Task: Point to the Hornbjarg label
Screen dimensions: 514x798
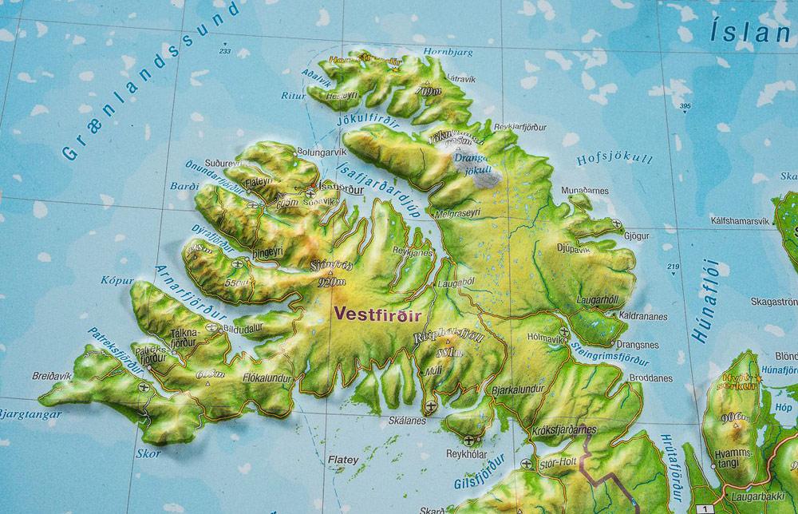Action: [449, 52]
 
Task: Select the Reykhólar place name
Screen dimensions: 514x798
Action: [467, 453]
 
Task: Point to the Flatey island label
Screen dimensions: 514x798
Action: [344, 460]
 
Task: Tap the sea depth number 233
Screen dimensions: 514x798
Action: [224, 51]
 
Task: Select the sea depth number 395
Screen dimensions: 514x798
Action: [684, 106]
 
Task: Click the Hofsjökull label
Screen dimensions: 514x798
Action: [614, 159]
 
